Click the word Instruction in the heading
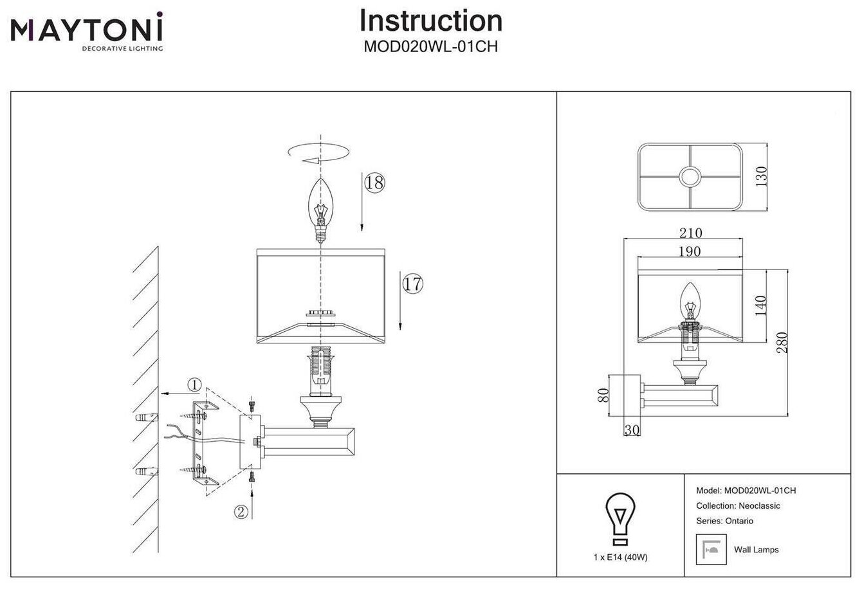pyautogui.click(x=430, y=21)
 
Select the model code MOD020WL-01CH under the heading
pyautogui.click(x=430, y=47)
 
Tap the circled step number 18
pyautogui.click(x=374, y=183)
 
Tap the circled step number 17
pyautogui.click(x=412, y=283)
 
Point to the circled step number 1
pyautogui.click(x=194, y=385)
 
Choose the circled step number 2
pyautogui.click(x=241, y=512)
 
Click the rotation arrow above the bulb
pyautogui.click(x=320, y=154)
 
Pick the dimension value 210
pyautogui.click(x=690, y=233)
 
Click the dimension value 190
pyautogui.click(x=689, y=251)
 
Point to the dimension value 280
pyautogui.click(x=782, y=342)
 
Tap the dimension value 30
pyautogui.click(x=632, y=430)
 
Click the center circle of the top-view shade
pyautogui.click(x=690, y=177)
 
